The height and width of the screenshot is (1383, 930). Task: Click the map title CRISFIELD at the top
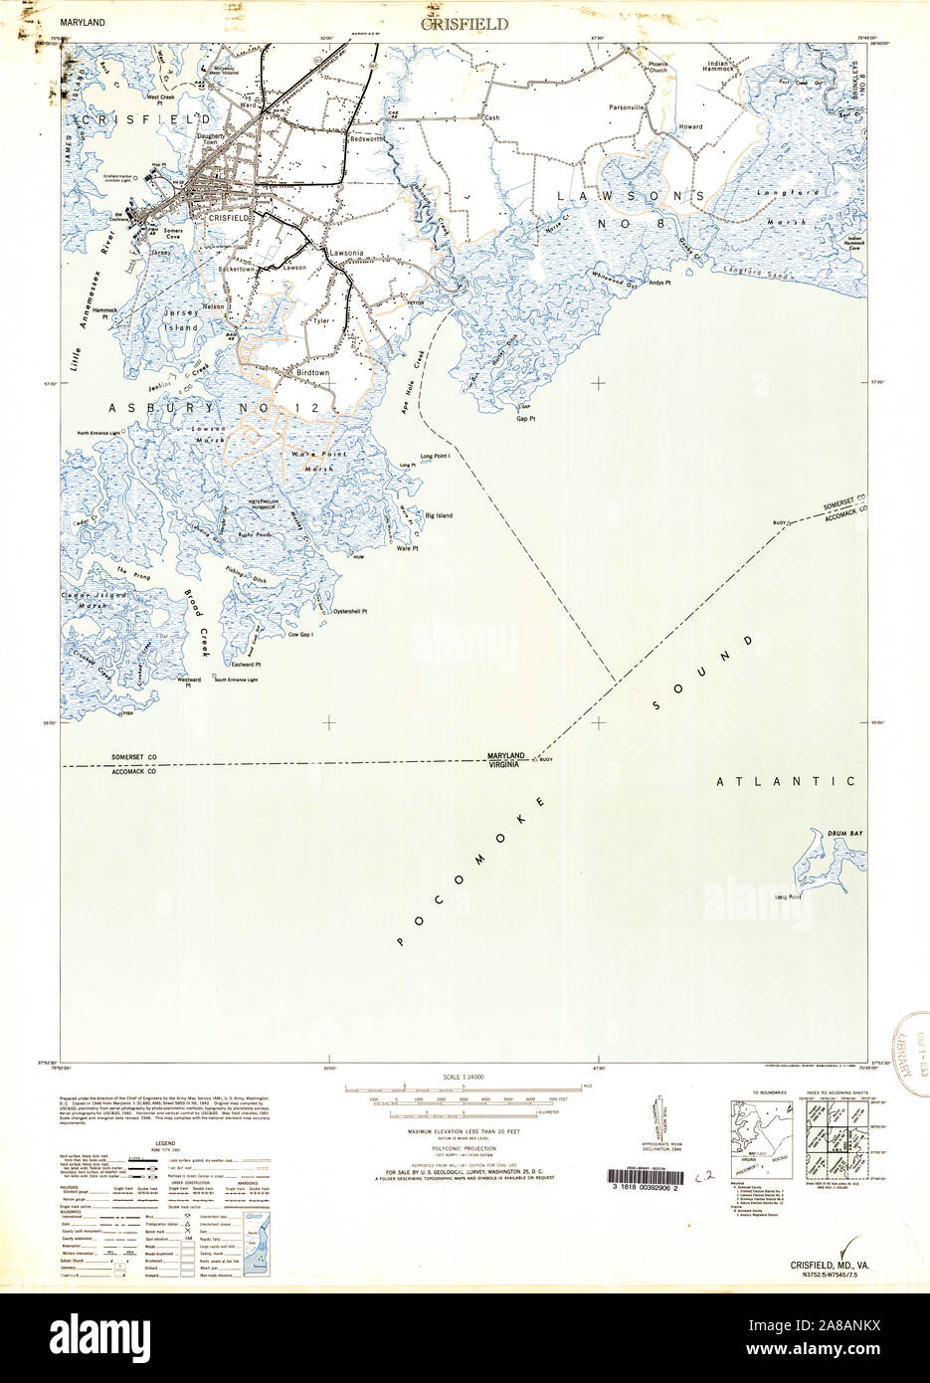(x=465, y=23)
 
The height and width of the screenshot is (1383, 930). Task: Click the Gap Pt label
(x=526, y=419)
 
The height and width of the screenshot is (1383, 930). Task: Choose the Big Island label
(x=439, y=516)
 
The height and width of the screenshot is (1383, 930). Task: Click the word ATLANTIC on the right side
(x=786, y=782)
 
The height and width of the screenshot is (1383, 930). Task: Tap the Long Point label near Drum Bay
(x=788, y=896)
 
